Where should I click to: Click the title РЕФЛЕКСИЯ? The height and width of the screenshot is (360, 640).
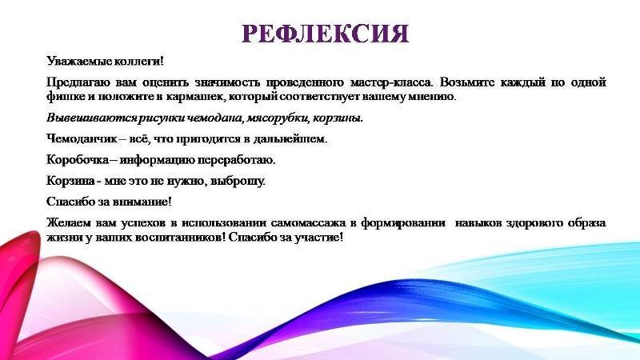[325, 34]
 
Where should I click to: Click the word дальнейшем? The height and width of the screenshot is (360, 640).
[290, 139]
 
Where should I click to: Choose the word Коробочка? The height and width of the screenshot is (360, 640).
[78, 159]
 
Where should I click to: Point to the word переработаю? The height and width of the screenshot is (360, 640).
[237, 160]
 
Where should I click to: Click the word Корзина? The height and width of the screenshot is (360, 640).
[70, 181]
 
